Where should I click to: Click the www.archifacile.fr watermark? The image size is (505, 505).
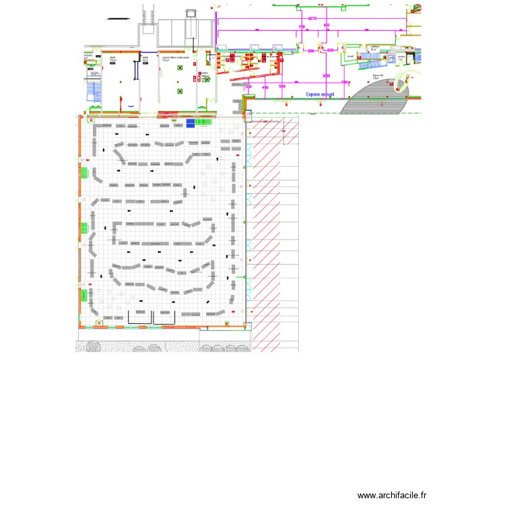tap(392, 495)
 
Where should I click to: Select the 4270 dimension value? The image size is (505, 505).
tap(312, 18)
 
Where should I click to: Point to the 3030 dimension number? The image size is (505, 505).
tap(326, 75)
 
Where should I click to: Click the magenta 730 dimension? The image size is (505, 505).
tap(302, 27)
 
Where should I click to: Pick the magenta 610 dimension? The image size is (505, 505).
tap(327, 26)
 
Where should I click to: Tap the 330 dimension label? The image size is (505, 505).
tap(311, 50)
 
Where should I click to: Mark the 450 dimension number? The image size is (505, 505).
tap(265, 88)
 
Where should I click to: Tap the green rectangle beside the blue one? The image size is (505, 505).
tap(203, 122)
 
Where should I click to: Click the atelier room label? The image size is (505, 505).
tap(145, 59)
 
